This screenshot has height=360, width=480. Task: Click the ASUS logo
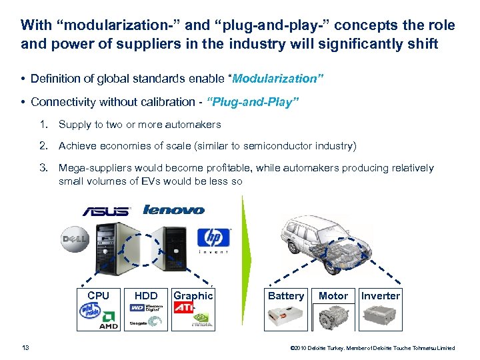[105, 211]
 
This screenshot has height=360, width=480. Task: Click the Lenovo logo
[173, 209]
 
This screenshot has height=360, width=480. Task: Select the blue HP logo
[213, 238]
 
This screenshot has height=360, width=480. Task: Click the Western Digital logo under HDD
[146, 309]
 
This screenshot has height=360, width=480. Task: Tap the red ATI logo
[184, 308]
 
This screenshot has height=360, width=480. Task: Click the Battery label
[285, 296]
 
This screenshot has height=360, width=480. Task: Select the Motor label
[333, 296]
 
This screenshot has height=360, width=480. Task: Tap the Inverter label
[380, 296]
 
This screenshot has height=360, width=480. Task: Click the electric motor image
[333, 317]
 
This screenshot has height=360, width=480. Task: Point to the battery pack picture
[285, 317]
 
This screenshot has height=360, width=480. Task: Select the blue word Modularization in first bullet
[277, 79]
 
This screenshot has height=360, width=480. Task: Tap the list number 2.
[43, 146]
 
